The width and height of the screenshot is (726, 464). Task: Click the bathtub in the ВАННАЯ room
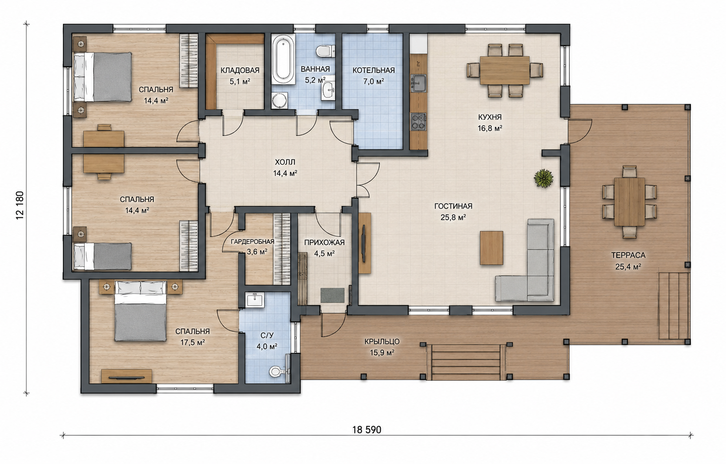click(x=283, y=59)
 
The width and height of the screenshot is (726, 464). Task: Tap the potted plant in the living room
click(x=544, y=179)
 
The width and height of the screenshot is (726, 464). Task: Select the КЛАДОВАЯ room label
click(x=240, y=70)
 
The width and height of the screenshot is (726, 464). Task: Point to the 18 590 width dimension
click(x=367, y=430)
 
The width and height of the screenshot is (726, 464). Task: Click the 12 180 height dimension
click(x=20, y=205)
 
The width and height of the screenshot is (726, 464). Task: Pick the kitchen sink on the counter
click(x=419, y=83)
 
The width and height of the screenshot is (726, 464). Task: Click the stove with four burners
click(x=419, y=122)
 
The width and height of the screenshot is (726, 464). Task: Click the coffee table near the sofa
click(x=492, y=248)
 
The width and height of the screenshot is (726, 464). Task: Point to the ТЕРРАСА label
click(x=628, y=255)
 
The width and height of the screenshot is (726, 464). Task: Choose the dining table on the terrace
click(x=629, y=201)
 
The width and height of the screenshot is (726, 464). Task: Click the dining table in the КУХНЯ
click(x=505, y=70)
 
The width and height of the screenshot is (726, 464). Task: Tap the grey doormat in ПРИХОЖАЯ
click(x=332, y=295)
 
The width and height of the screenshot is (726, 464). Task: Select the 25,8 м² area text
click(x=453, y=217)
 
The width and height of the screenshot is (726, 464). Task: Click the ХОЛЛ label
click(x=285, y=162)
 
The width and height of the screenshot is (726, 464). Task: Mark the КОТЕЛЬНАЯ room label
click(x=374, y=70)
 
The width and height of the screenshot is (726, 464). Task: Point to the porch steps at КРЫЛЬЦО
click(x=466, y=362)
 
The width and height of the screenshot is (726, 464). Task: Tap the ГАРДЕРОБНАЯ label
click(x=252, y=241)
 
